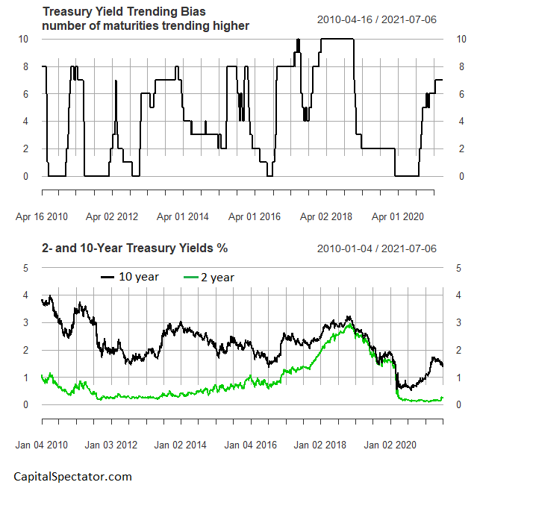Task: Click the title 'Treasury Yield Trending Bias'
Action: point(123,12)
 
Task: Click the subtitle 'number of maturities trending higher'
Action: point(145,26)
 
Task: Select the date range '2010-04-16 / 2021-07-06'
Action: point(377,19)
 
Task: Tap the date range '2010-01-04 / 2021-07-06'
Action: point(377,248)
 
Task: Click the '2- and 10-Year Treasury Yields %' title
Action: point(134,248)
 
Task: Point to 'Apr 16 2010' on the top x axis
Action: point(42,216)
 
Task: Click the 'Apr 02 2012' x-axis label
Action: point(112,216)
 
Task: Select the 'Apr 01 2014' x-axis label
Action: point(182,216)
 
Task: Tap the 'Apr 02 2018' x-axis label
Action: point(325,216)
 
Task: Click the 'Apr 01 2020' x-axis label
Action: point(397,216)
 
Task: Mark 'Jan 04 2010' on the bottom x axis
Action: point(42,445)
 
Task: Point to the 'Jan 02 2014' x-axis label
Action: point(181,445)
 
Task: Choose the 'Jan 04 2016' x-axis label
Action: point(251,445)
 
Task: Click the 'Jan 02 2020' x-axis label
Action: point(390,445)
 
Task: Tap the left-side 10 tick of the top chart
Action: point(24,39)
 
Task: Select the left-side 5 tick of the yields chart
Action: point(26,267)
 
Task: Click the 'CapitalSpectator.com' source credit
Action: point(72,476)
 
